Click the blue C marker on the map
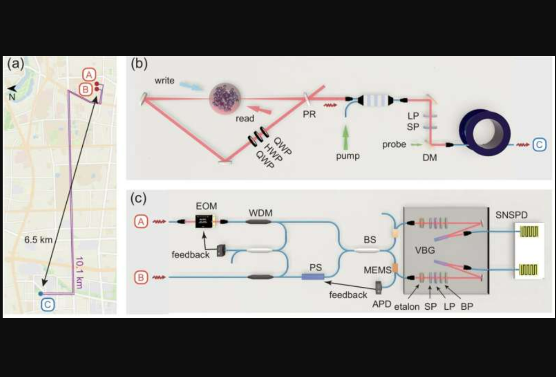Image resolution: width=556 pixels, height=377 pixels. tap(48, 305)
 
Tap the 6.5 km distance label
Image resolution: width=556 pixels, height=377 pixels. tap(38, 240)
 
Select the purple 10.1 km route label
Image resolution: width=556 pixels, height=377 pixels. tap(79, 272)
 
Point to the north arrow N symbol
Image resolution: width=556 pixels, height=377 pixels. tap(12, 93)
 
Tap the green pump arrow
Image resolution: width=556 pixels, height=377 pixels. tap(345, 138)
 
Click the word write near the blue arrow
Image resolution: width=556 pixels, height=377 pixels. tap(164, 81)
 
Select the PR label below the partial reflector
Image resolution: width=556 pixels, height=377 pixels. tap(309, 114)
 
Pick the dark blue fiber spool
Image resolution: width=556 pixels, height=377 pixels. tap(485, 132)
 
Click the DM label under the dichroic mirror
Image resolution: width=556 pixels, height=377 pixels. tap(429, 158)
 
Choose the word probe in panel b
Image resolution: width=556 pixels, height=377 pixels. tap(394, 145)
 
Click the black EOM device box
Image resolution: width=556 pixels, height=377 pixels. tap(204, 221)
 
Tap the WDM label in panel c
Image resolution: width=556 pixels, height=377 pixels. tap(261, 213)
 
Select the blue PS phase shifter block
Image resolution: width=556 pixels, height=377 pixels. tap(313, 277)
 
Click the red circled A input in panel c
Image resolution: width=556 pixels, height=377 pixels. tap(141, 221)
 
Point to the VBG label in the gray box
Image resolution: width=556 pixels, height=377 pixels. tap(425, 250)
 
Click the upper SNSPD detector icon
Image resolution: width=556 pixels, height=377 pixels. tap(529, 231)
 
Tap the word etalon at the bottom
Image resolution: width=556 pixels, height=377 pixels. tap(407, 307)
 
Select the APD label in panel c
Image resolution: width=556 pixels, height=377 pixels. tap(382, 304)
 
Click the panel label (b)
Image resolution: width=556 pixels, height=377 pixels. tap(139, 64)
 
